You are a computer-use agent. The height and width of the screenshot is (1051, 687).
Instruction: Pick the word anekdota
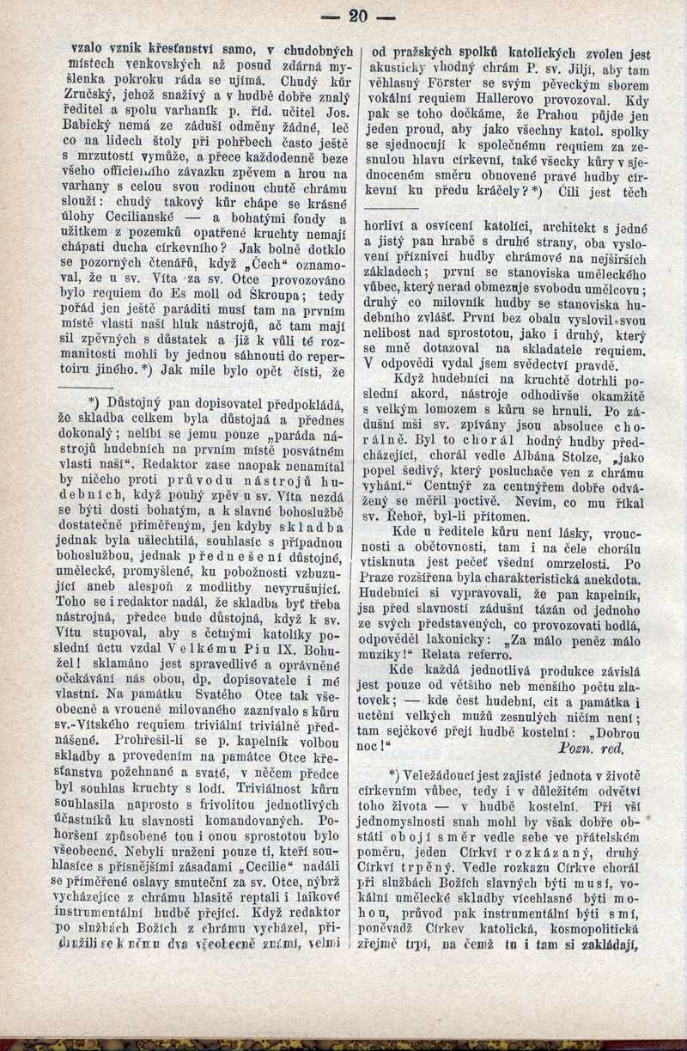[617, 580]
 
